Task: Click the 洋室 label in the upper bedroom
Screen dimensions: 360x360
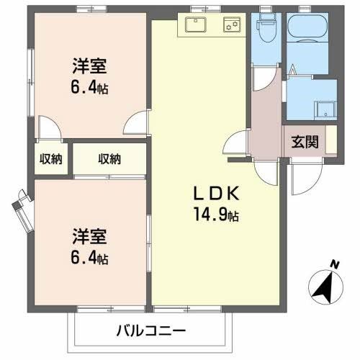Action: pyautogui.click(x=89, y=67)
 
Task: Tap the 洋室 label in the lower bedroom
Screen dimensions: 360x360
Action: pyautogui.click(x=89, y=235)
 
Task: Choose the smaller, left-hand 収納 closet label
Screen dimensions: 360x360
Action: pyautogui.click(x=50, y=159)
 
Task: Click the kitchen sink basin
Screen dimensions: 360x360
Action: pyautogui.click(x=195, y=25)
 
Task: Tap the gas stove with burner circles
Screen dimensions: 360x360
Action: pyautogui.click(x=233, y=24)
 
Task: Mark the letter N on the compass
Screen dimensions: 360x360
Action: pyautogui.click(x=333, y=265)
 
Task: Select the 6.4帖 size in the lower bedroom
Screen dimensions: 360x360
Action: pyautogui.click(x=89, y=257)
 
